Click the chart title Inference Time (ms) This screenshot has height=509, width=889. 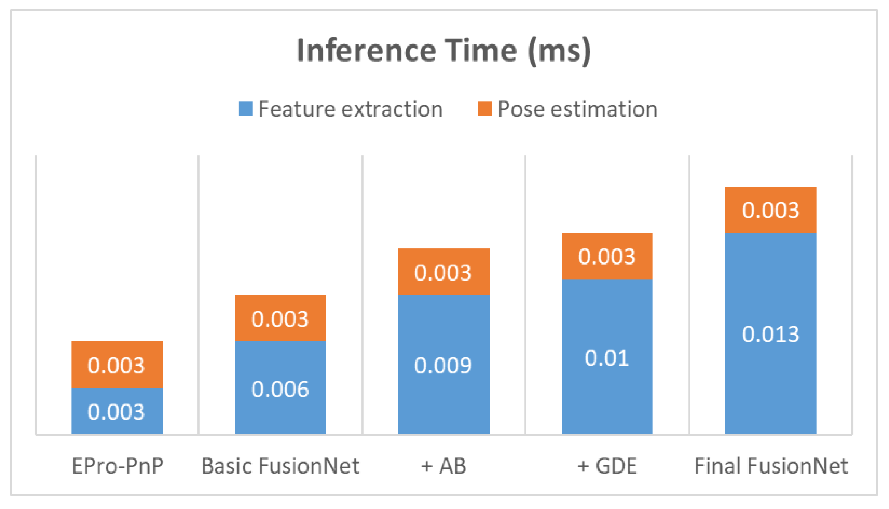(x=444, y=51)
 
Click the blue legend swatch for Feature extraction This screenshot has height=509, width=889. (x=245, y=109)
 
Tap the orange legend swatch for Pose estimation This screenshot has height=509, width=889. (x=485, y=109)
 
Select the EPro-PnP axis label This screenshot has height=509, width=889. (x=118, y=466)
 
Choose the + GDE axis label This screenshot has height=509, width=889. (x=607, y=466)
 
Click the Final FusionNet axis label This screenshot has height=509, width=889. (x=771, y=466)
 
